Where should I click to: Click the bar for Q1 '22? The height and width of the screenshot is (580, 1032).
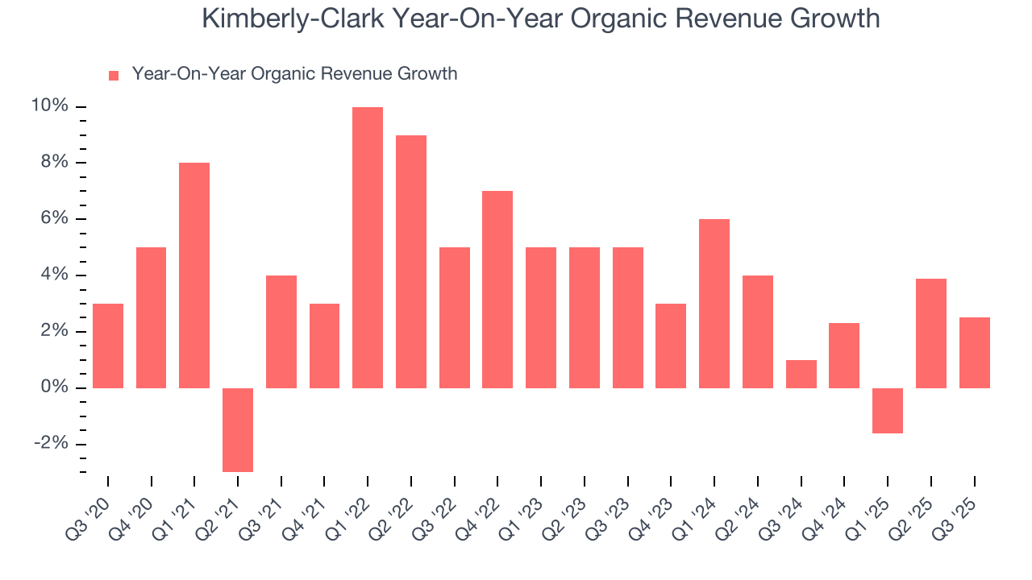(x=368, y=247)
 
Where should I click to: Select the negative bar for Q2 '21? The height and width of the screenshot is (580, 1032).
(x=238, y=429)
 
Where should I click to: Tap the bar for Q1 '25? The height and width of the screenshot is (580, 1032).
(x=888, y=410)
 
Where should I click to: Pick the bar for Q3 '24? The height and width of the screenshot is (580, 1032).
(x=801, y=374)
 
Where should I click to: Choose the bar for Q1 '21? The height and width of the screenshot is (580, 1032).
(x=194, y=275)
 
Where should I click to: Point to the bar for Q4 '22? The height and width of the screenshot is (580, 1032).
(x=497, y=289)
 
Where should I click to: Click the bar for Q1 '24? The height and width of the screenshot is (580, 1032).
(x=714, y=304)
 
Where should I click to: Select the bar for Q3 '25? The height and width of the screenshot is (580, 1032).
(x=974, y=353)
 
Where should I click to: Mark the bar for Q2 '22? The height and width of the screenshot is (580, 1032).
(x=411, y=261)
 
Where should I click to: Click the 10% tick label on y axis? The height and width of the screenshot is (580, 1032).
(x=49, y=106)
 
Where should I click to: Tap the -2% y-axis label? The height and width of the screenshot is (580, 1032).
(x=51, y=444)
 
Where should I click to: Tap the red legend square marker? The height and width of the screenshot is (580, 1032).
(x=114, y=75)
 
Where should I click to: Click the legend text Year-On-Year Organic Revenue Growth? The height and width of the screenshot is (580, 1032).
(x=294, y=74)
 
